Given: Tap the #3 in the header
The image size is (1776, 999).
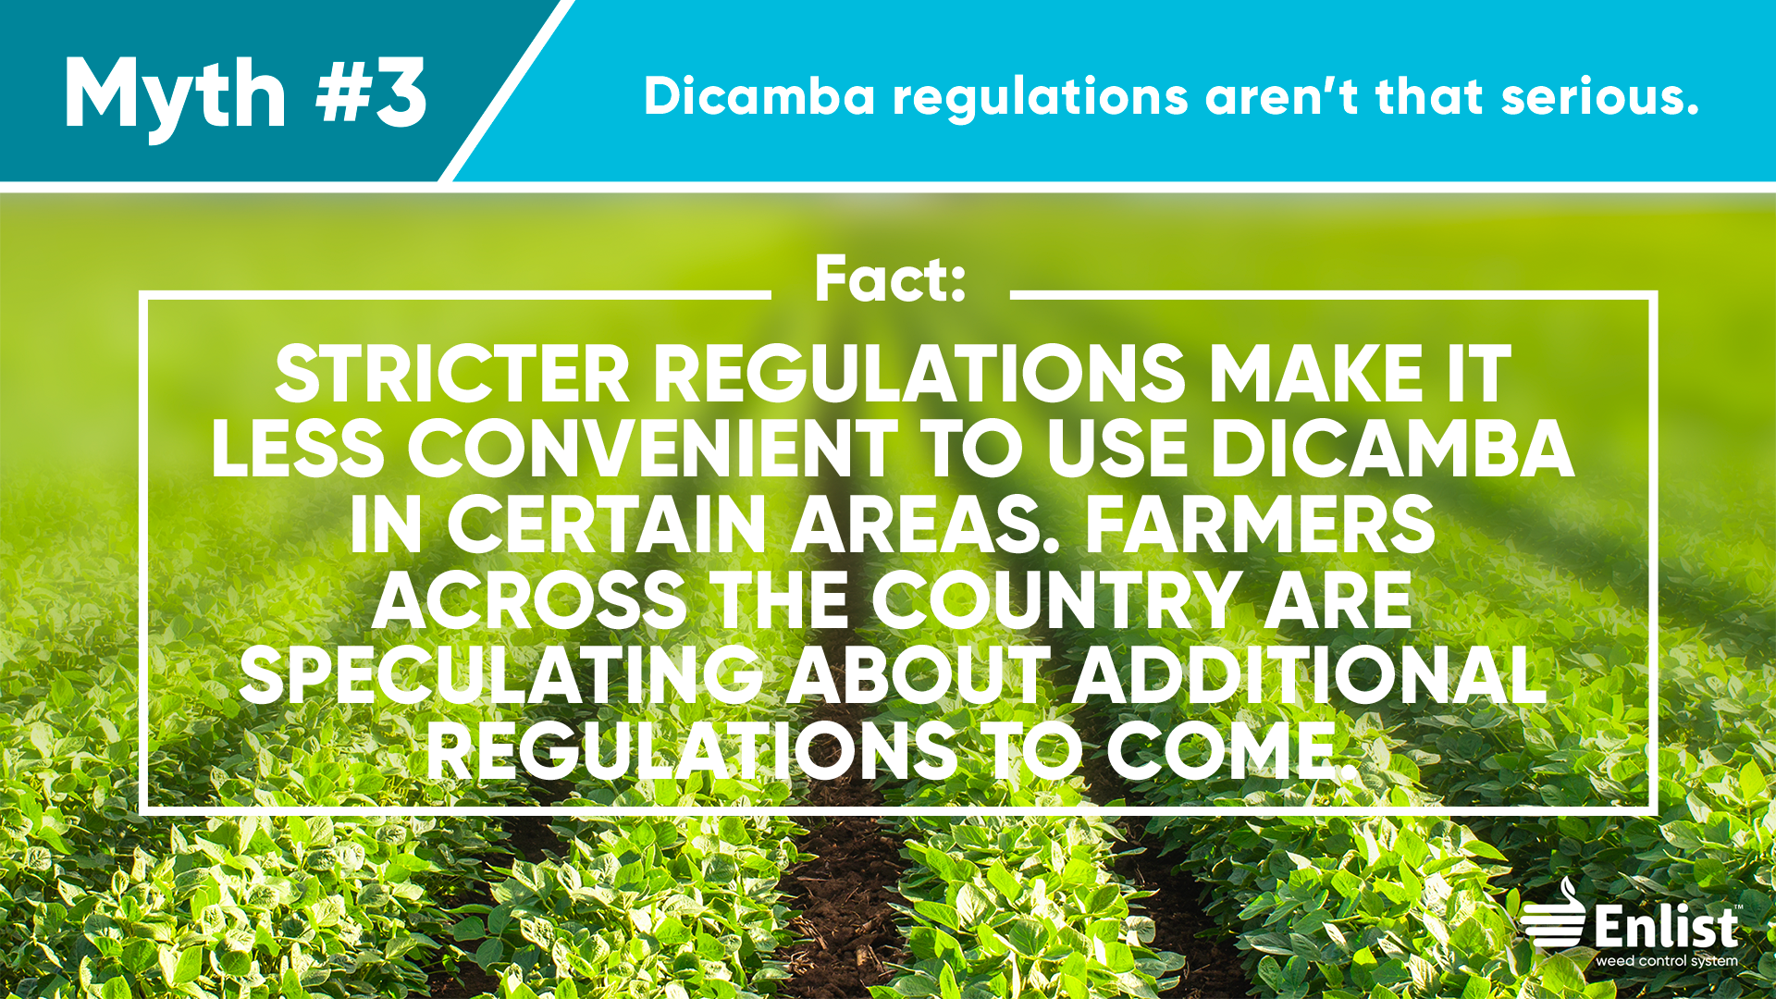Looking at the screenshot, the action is pyautogui.click(x=372, y=92).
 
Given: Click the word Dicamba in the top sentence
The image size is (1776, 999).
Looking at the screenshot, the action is pyautogui.click(x=759, y=96).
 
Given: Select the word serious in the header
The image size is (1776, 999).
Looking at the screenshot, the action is pyautogui.click(x=1600, y=96).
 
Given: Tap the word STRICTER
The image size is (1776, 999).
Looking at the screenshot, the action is pyautogui.click(x=452, y=375).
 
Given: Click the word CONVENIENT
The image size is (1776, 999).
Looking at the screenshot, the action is pyautogui.click(x=652, y=450).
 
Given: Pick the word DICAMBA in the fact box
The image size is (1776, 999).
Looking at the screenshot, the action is pyautogui.click(x=1392, y=450).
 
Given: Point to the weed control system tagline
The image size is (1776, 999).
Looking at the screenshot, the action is pyautogui.click(x=1667, y=961).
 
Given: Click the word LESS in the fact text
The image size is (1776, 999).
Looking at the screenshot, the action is pyautogui.click(x=297, y=450).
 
